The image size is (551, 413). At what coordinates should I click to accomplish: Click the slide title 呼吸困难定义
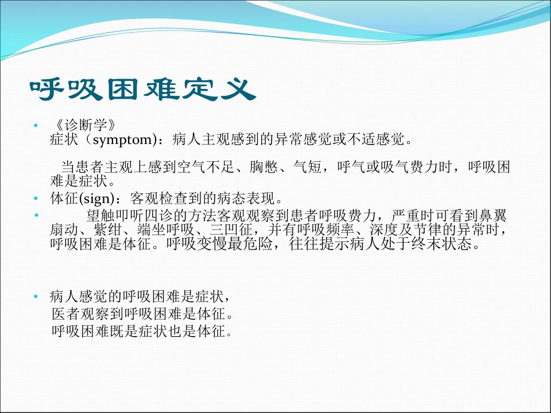[143, 89]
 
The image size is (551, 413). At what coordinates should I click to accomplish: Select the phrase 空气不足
[206, 167]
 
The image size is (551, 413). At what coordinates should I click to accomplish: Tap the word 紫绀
[108, 229]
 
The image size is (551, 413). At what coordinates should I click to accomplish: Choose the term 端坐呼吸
[166, 229]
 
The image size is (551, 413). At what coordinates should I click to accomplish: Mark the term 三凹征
[231, 229]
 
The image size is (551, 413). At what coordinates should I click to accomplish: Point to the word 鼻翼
[492, 215]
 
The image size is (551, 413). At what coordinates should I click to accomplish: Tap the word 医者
[66, 314]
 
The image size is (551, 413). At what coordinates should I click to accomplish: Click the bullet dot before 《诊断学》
[36, 126]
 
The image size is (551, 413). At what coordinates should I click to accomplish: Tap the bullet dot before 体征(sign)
[36, 199]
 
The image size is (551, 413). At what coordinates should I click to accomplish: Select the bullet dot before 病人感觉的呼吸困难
[36, 297]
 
